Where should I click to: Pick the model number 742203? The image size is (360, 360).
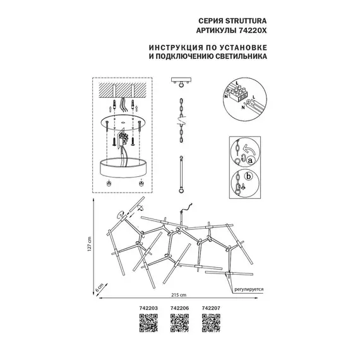click(147, 309)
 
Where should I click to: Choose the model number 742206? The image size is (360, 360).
click(180, 309)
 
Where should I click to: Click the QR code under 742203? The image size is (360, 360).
click(147, 325)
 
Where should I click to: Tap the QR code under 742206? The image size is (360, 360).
click(180, 325)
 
